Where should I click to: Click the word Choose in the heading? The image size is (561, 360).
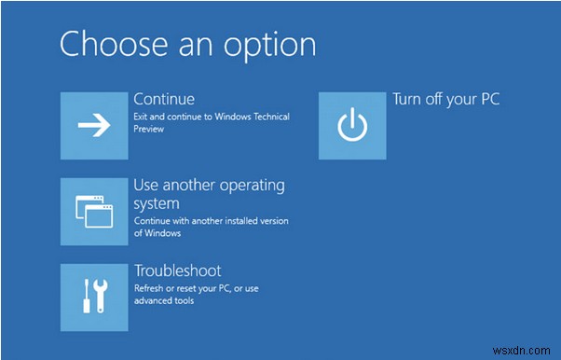point(109,44)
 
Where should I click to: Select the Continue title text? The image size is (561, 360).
point(164,98)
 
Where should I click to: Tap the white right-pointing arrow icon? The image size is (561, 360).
point(94,126)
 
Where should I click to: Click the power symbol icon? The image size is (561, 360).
point(351,126)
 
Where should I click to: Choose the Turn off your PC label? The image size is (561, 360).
point(445,98)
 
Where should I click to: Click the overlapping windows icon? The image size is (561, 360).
point(94,212)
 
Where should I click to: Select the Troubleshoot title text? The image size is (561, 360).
point(177,270)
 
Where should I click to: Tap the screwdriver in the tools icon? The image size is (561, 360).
point(85,298)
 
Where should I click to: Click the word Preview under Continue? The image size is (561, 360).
point(149,129)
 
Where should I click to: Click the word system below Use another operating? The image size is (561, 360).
point(157,202)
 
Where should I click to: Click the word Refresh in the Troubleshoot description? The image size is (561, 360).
point(151,288)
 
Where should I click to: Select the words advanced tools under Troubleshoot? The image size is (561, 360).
point(165,300)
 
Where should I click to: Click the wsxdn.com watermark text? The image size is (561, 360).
point(527,350)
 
